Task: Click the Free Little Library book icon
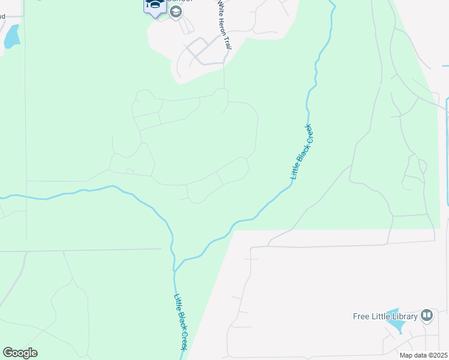427,315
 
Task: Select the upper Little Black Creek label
301,152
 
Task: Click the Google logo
20,353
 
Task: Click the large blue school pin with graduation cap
155,6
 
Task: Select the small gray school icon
175,12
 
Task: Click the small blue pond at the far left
11,37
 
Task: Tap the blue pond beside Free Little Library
395,322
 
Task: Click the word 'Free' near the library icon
360,316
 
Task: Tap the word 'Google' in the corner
20,353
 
